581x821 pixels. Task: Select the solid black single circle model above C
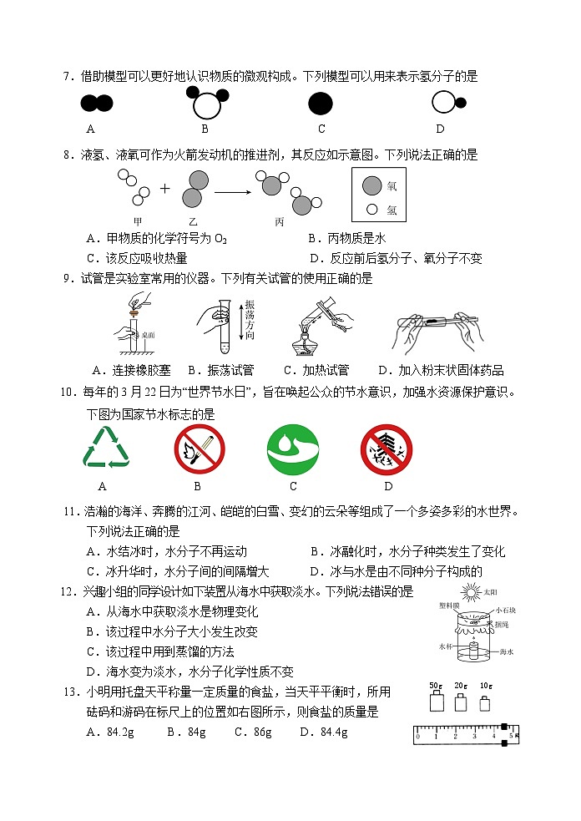coord(321,104)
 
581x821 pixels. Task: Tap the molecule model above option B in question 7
coord(205,104)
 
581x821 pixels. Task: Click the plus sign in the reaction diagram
coord(164,189)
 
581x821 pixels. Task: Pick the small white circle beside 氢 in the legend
coord(372,209)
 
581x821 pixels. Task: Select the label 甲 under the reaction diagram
coord(139,221)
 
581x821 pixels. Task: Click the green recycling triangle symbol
coord(105,449)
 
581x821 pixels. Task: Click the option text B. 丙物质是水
coord(346,238)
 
